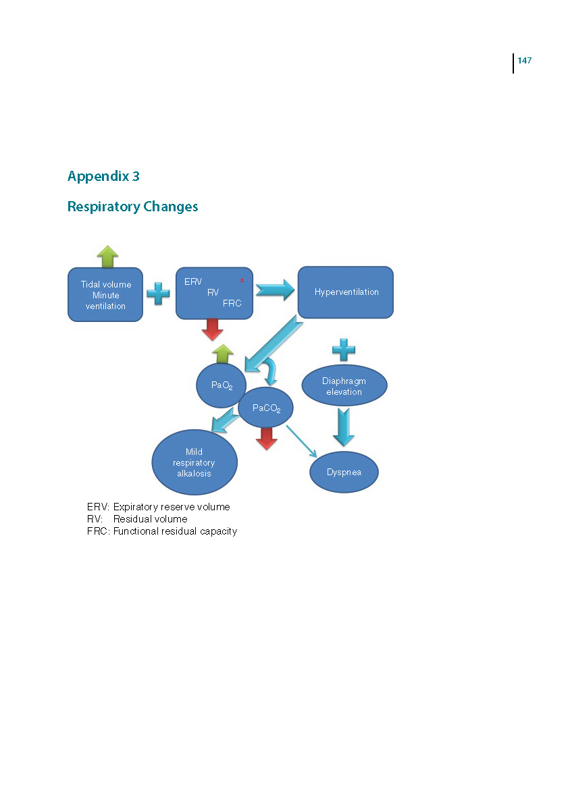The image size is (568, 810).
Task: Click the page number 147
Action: (524, 60)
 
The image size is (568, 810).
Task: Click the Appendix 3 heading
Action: (103, 176)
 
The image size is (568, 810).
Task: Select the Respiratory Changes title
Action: (132, 207)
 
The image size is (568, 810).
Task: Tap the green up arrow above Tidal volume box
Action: (107, 256)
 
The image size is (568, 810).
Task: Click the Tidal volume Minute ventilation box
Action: (105, 294)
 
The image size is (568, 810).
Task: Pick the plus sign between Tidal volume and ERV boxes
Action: (158, 293)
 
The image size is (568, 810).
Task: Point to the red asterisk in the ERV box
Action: (242, 281)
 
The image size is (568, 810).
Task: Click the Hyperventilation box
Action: (346, 292)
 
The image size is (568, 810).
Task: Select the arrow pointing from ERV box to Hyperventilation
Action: (275, 290)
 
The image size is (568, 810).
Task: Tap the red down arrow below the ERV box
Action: (212, 329)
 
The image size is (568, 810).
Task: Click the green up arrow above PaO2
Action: (222, 354)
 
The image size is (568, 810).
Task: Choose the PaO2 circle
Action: (221, 385)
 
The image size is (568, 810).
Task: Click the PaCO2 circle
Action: (265, 408)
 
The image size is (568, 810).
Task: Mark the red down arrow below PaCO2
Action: (267, 439)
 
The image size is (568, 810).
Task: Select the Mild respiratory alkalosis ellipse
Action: (195, 462)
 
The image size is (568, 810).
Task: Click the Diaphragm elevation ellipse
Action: (344, 385)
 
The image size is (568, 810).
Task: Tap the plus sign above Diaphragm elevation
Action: (344, 350)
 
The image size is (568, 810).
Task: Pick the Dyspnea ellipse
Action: (344, 472)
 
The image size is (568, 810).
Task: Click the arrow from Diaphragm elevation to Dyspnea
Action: (343, 427)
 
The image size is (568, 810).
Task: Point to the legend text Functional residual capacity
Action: (175, 531)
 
